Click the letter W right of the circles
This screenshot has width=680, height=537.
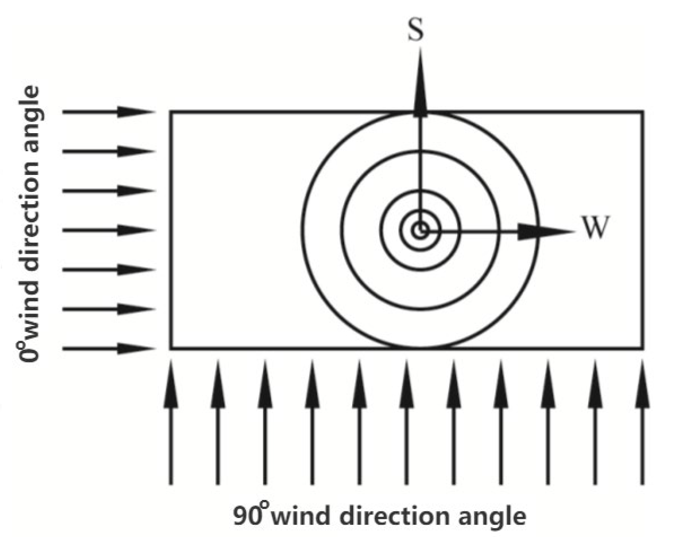pos(596,229)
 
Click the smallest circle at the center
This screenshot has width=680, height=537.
pos(420,230)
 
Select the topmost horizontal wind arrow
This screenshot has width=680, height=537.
pos(108,112)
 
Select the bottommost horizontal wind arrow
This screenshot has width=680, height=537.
pos(108,348)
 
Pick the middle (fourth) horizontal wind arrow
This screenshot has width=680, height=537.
pos(108,230)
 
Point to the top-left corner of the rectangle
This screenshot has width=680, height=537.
pos(171,112)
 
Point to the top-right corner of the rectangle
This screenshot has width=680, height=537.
pos(643,112)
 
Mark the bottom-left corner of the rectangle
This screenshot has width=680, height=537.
pos(171,348)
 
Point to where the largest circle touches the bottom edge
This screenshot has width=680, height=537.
pos(420,348)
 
